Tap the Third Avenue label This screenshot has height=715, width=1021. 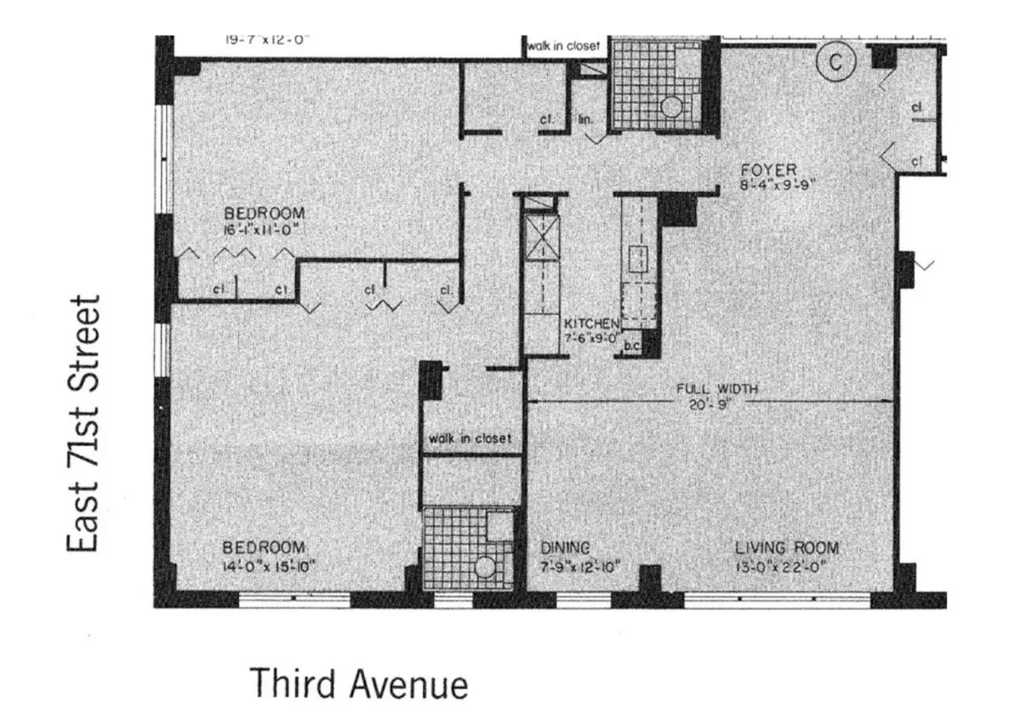(x=358, y=684)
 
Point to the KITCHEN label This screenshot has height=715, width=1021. (x=592, y=323)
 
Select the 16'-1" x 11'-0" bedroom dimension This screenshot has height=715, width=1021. (x=264, y=228)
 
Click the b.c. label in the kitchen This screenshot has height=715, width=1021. (x=632, y=346)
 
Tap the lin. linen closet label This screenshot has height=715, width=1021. (x=585, y=120)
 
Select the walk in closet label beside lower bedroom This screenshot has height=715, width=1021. (x=470, y=438)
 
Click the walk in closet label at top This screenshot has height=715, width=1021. (x=562, y=45)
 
